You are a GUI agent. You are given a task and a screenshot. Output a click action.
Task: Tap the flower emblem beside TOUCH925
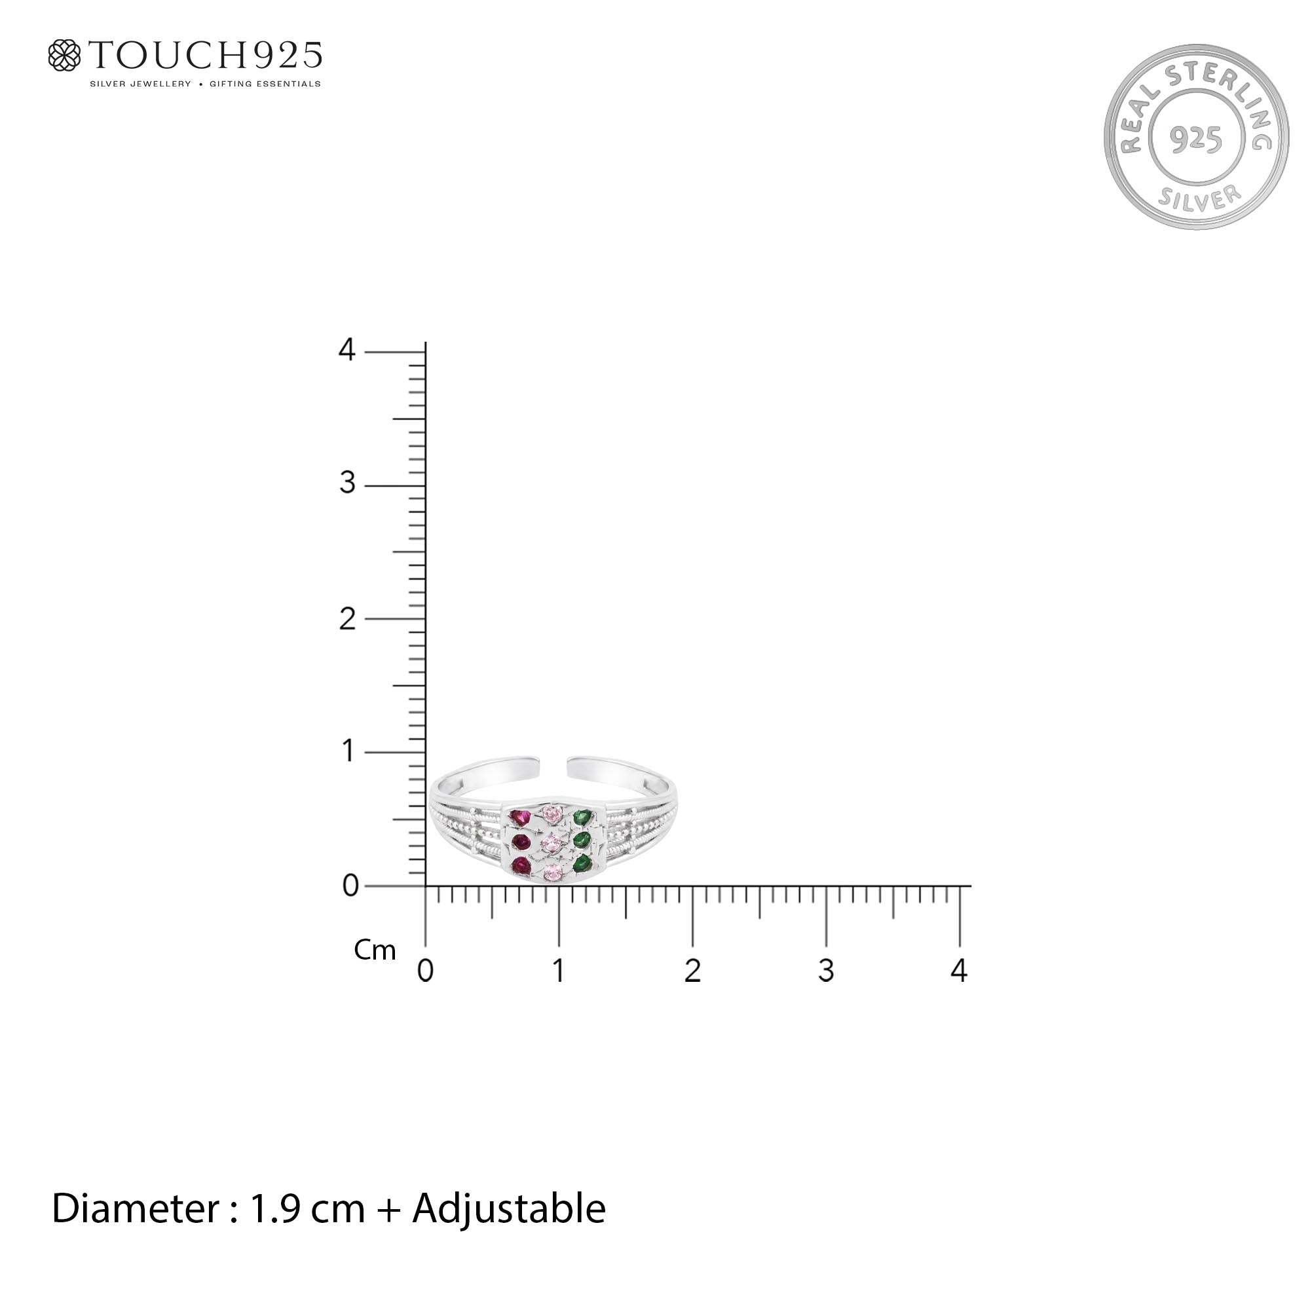point(64,55)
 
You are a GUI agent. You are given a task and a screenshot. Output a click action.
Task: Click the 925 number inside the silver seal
point(1196,139)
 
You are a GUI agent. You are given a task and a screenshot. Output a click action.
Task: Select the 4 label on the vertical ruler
point(346,350)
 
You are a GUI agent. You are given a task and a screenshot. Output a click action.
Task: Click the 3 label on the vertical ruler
point(347,483)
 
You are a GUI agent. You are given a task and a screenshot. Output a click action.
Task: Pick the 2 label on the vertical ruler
point(347,618)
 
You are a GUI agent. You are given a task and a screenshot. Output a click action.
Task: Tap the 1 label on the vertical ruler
point(348,751)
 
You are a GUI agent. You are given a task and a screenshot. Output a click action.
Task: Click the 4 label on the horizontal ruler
point(959,970)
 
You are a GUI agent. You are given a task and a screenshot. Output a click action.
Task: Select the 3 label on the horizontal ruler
point(826,970)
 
